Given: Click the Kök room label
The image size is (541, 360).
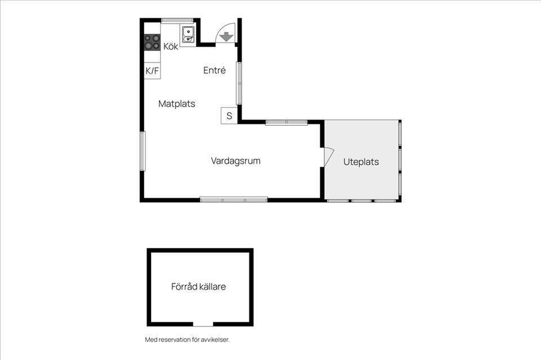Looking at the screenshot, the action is pos(171,46).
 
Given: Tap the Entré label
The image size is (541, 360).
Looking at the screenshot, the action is pos(214,70).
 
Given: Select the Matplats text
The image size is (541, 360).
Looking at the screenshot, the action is pos(176,104).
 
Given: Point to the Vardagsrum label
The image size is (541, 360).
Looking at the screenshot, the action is pos(236,161).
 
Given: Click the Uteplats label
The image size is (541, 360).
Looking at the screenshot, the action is pos(361,162).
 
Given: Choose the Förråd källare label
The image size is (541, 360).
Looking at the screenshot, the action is pos(198,287).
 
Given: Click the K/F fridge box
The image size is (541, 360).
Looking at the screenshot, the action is pos(152,70).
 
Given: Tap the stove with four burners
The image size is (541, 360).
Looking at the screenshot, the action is pos(152,42).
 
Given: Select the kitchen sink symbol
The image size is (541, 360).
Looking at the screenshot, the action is pos(188,34).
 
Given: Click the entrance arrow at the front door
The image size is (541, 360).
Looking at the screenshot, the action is pos(226,36).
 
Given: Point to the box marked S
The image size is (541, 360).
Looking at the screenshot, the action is pos(229,115).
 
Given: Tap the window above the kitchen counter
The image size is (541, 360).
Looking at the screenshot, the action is pos(178,21).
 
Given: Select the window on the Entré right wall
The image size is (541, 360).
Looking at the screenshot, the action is pos(239,83).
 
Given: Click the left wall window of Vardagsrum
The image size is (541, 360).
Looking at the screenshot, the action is pos(143,151).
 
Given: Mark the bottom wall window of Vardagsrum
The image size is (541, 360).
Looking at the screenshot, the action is pos(234,199).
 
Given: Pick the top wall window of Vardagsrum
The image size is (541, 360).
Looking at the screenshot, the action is pos(286,122).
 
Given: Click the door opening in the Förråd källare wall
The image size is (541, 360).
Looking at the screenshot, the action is pos(203,324).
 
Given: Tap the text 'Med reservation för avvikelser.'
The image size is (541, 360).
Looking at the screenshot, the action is pos(187,340).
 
